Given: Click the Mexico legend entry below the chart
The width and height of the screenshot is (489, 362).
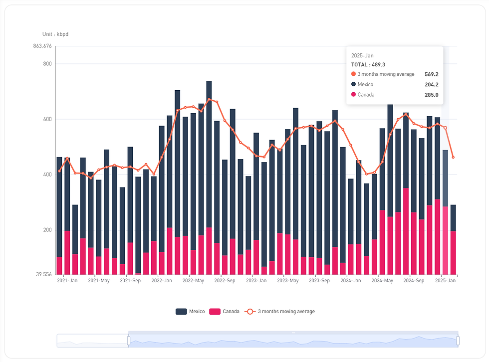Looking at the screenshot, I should [190, 312].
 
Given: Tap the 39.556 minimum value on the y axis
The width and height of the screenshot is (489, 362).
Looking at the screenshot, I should [43, 275].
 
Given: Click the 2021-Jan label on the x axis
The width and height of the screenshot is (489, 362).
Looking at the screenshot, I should [67, 281].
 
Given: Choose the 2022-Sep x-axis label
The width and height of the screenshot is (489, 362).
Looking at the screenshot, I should [225, 281].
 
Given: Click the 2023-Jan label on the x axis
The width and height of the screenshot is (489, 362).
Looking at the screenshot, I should [256, 281].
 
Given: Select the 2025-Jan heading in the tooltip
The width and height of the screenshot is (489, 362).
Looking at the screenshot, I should [362, 56].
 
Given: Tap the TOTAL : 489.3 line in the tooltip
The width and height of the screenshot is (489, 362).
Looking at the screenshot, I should [368, 65].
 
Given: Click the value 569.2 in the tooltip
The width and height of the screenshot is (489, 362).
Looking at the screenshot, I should [431, 74].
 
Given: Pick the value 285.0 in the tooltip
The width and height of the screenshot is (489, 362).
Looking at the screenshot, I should [431, 95].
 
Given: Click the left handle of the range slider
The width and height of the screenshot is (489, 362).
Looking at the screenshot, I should [129, 341].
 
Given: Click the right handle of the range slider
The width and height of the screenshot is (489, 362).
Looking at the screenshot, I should [458, 341].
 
